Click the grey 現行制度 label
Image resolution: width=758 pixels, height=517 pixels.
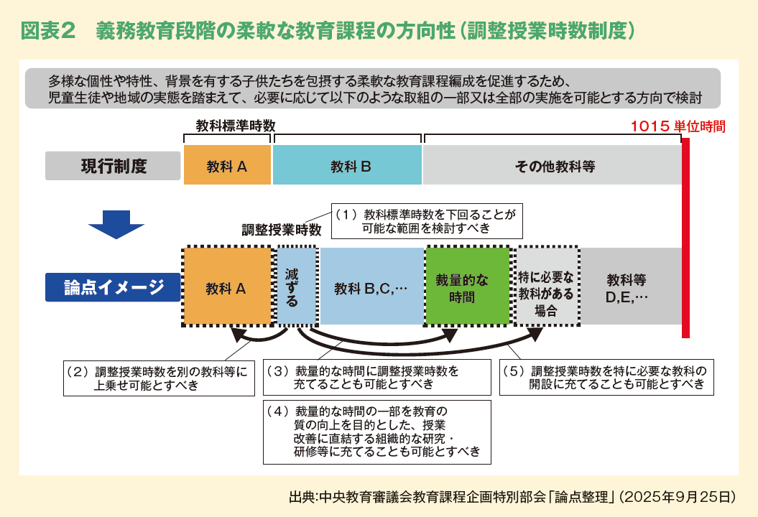point(113,166)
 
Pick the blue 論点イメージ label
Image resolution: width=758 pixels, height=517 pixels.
point(113,287)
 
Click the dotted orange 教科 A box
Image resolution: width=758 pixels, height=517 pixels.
point(227,287)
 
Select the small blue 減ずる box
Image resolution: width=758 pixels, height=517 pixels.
point(296,287)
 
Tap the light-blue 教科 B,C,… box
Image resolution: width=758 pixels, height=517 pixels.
point(371,287)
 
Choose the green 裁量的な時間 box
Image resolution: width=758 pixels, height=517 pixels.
point(468,287)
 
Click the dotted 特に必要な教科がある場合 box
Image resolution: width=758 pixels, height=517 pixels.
point(547,287)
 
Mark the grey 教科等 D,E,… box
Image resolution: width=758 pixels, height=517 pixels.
point(627,287)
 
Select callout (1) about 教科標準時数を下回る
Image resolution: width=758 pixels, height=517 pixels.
point(426,220)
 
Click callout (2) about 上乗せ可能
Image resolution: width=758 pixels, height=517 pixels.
point(159,378)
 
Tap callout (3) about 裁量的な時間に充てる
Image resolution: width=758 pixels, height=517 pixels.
point(376,377)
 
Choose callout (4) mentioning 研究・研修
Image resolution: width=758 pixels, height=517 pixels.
point(376,431)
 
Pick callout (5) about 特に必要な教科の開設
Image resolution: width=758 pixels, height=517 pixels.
point(606,377)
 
